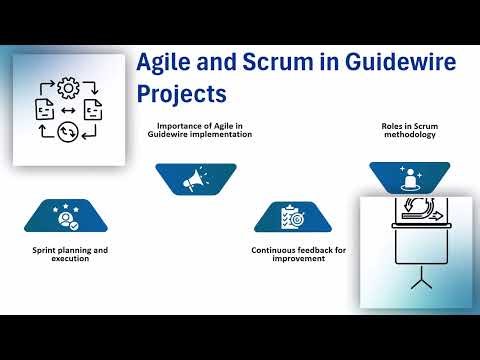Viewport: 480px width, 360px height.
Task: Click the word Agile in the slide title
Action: click(165, 65)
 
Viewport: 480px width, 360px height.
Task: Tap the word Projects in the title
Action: click(181, 94)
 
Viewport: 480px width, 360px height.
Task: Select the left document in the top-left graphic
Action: click(46, 108)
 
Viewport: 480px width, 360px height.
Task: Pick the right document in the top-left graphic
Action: click(92, 108)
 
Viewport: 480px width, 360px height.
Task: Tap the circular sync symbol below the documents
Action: click(69, 131)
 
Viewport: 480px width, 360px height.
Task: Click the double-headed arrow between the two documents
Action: click(69, 108)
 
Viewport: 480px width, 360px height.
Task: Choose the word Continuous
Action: click(273, 249)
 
